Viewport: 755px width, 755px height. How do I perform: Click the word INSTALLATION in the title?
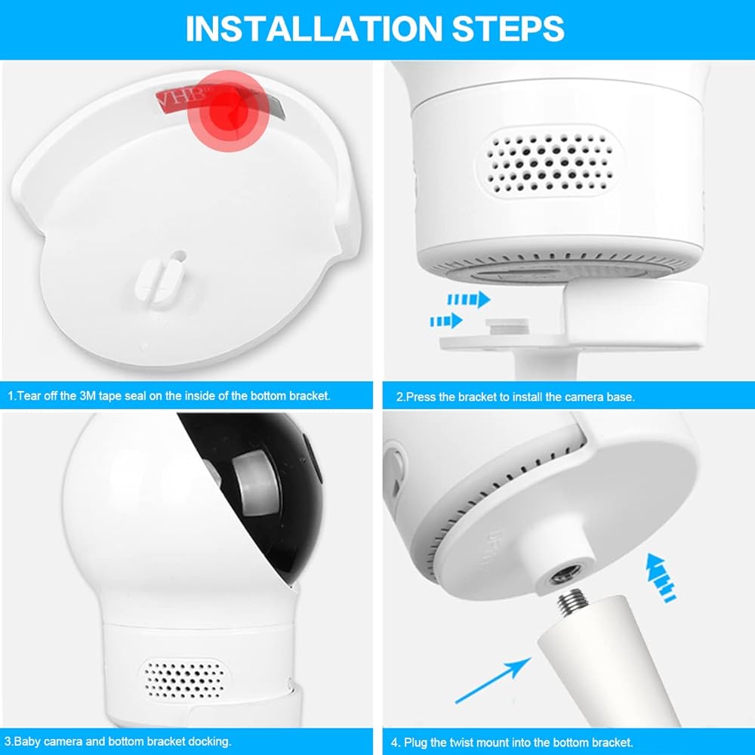pyautogui.click(x=313, y=29)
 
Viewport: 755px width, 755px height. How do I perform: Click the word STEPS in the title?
pyautogui.click(x=508, y=29)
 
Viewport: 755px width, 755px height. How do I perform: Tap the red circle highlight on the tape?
pyautogui.click(x=227, y=111)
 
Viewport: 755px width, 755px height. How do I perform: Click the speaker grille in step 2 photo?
pyautogui.click(x=550, y=162)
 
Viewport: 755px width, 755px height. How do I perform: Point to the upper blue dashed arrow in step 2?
pyautogui.click(x=469, y=300)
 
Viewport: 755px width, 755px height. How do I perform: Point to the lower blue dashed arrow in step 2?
pyautogui.click(x=446, y=321)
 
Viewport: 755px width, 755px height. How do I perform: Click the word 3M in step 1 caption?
pyautogui.click(x=88, y=396)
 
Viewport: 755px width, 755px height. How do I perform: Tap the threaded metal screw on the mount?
pyautogui.click(x=572, y=602)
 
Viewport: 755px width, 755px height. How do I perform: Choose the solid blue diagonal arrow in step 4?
pyautogui.click(x=493, y=680)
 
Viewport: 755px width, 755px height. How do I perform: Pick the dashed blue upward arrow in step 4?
pyautogui.click(x=661, y=578)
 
